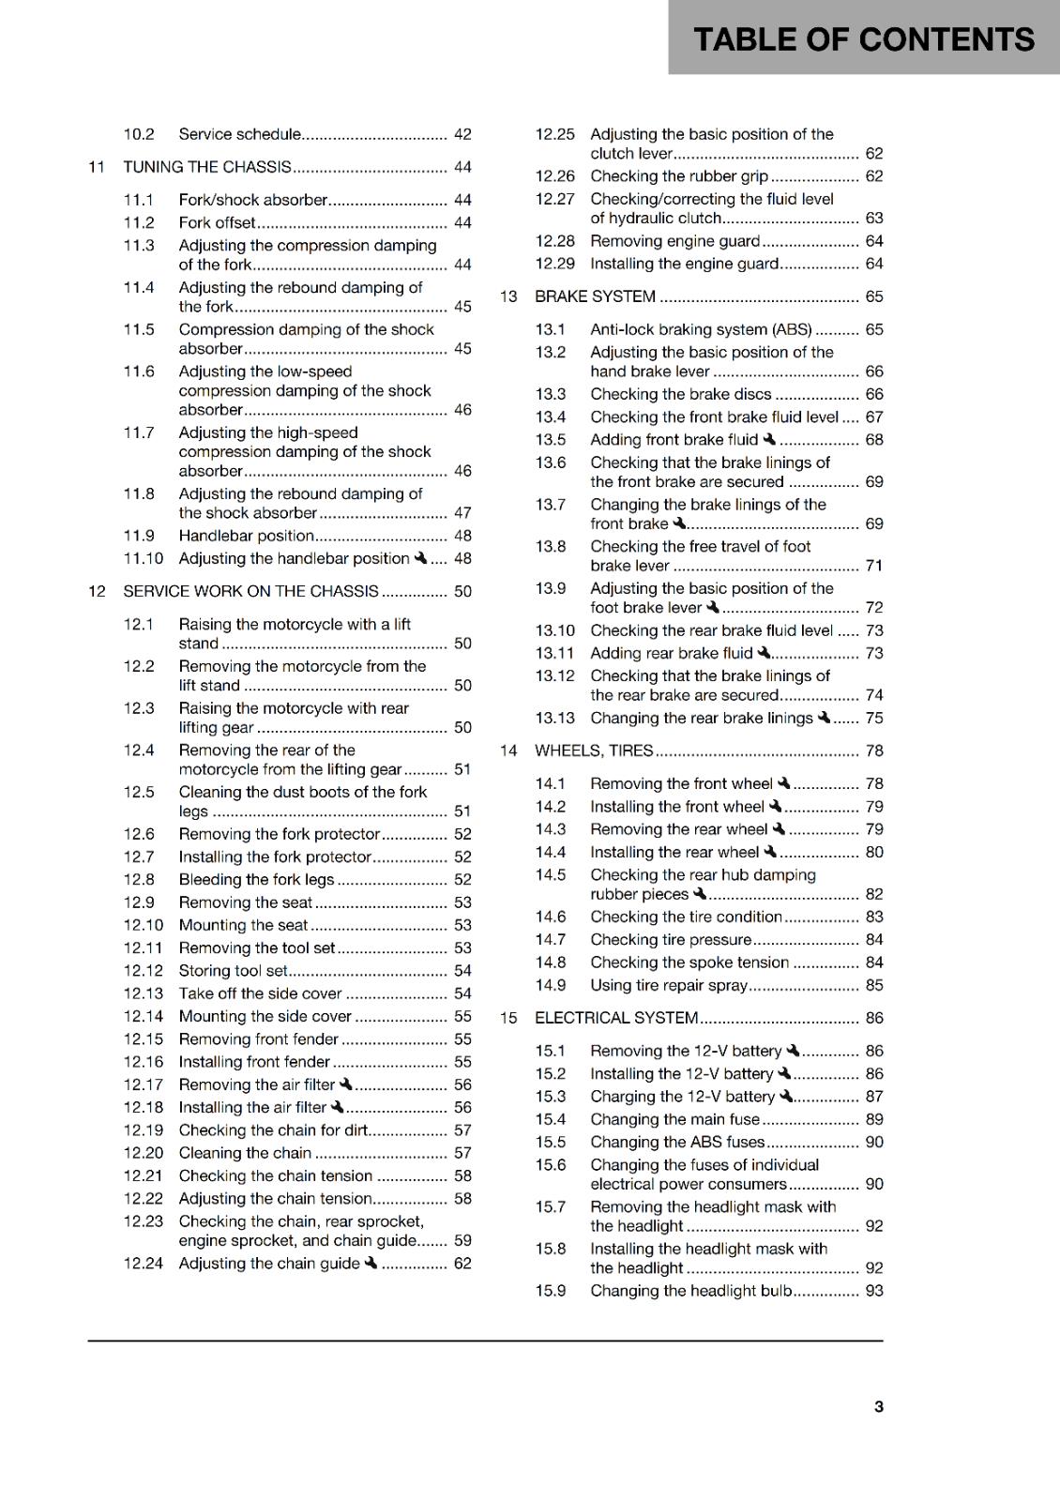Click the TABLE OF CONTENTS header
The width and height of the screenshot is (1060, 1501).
point(863,39)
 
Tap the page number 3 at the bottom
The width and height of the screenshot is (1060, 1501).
point(878,1406)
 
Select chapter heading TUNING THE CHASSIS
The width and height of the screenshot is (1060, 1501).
point(207,167)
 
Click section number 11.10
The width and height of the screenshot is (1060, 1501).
point(143,558)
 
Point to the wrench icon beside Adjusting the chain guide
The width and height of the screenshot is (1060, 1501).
point(371,1263)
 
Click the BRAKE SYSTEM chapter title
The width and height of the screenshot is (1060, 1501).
point(595,296)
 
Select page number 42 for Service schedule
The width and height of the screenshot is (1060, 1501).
point(462,134)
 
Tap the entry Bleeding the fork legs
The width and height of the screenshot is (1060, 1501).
point(256,879)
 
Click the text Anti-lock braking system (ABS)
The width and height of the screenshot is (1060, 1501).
point(701,329)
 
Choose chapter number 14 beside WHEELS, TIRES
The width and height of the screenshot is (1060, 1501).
point(508,750)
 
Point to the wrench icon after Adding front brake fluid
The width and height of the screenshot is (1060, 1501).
point(769,439)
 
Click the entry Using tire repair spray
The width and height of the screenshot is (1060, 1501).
point(669,985)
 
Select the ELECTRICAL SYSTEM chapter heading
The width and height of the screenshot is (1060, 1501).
point(616,1018)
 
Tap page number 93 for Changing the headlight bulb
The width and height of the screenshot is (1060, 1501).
point(874,1291)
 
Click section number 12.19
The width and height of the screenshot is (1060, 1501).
point(143,1130)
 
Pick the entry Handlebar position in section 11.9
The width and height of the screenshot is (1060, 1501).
point(246,536)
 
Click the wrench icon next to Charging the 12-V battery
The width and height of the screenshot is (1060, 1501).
point(786,1096)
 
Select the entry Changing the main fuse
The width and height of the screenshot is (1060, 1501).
point(674,1119)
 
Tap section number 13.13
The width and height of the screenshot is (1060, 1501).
point(554,718)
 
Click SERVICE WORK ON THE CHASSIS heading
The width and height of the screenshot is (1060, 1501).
point(250,591)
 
